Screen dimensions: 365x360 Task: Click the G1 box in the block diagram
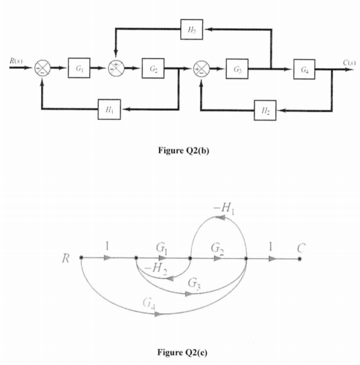pos(78,67)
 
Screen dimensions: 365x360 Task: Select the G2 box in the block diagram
pos(155,67)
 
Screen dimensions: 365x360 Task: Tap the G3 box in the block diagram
pos(238,68)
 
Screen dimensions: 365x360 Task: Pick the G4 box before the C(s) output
pos(305,68)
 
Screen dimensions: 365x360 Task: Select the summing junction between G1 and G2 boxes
pos(116,67)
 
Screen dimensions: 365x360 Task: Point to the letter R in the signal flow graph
pos(66,259)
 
